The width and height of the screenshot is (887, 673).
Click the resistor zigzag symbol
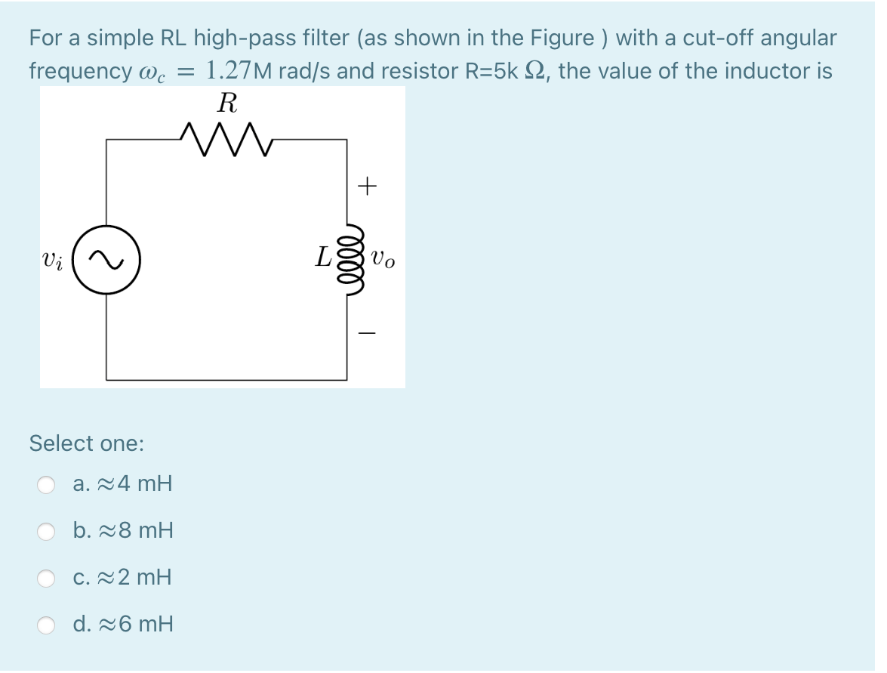pos(226,139)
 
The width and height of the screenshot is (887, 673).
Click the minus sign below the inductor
pos(367,332)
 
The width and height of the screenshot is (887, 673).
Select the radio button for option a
pos(48,484)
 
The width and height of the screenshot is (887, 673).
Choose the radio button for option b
pos(48,532)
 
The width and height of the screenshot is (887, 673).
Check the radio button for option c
pos(48,579)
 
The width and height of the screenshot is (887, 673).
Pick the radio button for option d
pos(48,625)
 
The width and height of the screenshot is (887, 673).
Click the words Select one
pos(86,443)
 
